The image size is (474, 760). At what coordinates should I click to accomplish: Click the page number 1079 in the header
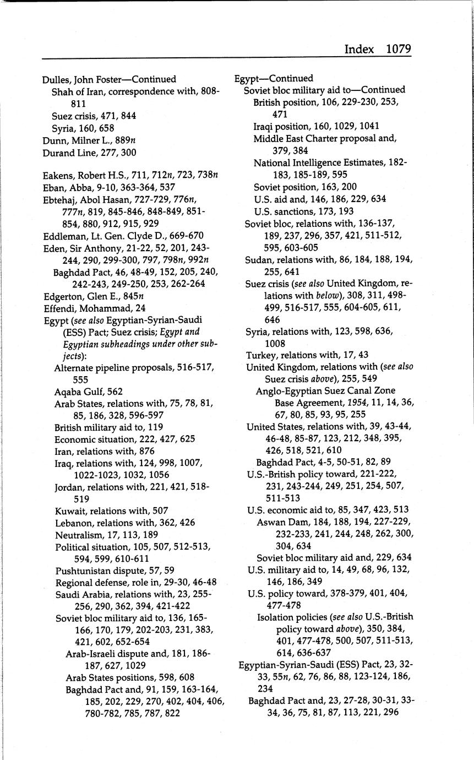point(398,49)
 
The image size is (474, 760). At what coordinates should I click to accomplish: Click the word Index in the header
point(359,49)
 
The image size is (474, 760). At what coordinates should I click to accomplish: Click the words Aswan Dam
point(280,522)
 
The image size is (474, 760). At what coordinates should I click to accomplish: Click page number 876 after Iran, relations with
point(147,451)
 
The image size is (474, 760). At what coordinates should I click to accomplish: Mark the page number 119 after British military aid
point(155,427)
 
